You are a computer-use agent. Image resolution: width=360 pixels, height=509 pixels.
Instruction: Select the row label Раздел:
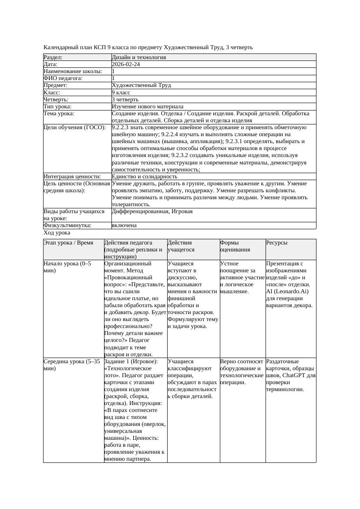click(53, 57)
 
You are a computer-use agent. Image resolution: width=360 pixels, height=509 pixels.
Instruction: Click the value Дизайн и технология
click(138, 57)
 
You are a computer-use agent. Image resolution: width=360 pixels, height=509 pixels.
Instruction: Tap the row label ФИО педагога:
click(63, 78)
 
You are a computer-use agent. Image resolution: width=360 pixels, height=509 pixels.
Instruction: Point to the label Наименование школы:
click(73, 71)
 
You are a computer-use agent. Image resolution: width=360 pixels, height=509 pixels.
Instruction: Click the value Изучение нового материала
click(147, 107)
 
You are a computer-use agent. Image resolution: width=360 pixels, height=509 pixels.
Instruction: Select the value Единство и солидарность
click(144, 177)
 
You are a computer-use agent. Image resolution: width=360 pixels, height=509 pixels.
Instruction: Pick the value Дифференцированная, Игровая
click(152, 211)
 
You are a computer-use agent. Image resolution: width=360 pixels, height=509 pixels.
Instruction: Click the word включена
click(124, 225)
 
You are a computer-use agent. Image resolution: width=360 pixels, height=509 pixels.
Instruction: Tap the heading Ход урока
click(57, 233)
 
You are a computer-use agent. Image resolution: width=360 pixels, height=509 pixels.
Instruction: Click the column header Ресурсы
click(276, 243)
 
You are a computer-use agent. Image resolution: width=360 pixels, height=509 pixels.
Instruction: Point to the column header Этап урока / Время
click(68, 243)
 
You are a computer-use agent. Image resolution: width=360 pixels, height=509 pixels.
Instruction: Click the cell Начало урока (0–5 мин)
click(67, 267)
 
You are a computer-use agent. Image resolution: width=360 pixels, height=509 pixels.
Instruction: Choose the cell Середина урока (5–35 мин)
click(72, 365)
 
